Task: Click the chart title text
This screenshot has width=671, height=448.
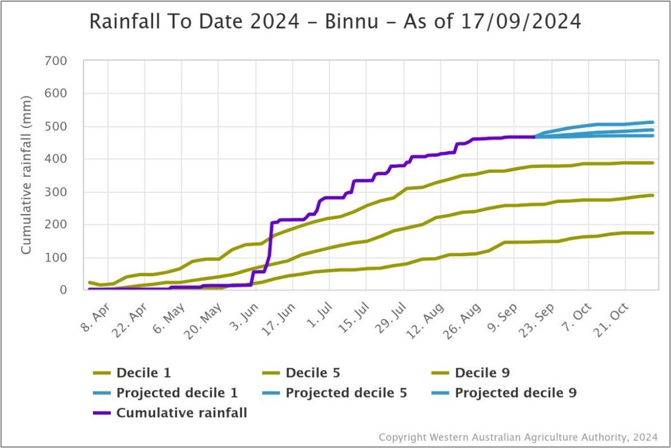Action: point(335,22)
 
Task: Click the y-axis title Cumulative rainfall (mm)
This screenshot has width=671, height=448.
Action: point(26,175)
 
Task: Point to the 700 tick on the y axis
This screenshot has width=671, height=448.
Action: point(55,60)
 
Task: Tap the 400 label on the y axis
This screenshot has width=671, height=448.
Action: point(55,159)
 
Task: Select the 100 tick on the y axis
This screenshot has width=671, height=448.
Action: point(55,257)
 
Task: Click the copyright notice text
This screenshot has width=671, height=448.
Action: point(518,437)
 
